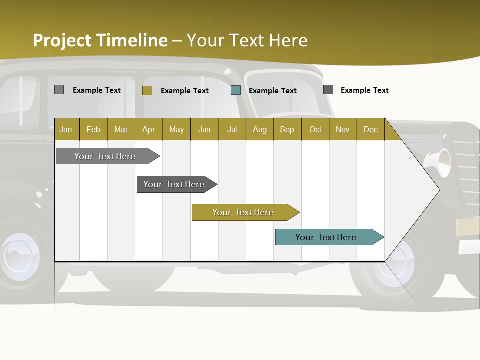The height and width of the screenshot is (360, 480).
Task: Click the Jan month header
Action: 66,129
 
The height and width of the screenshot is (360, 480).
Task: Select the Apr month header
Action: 149,129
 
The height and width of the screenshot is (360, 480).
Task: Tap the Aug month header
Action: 260,129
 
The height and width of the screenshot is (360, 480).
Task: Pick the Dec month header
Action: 371,129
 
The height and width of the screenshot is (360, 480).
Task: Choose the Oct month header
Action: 315,129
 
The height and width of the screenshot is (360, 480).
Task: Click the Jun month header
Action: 204,129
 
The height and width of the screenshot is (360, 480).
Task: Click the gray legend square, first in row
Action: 59,90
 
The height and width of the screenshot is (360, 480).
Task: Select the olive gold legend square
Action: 147,90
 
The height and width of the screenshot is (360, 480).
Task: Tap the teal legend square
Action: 236,90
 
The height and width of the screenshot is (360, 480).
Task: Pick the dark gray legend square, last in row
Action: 328,90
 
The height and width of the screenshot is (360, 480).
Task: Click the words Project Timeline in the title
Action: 100,40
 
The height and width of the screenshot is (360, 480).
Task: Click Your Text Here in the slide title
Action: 247,40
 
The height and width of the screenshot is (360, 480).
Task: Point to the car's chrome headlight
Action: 440,162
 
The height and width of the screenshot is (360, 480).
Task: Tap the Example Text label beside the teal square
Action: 273,91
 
